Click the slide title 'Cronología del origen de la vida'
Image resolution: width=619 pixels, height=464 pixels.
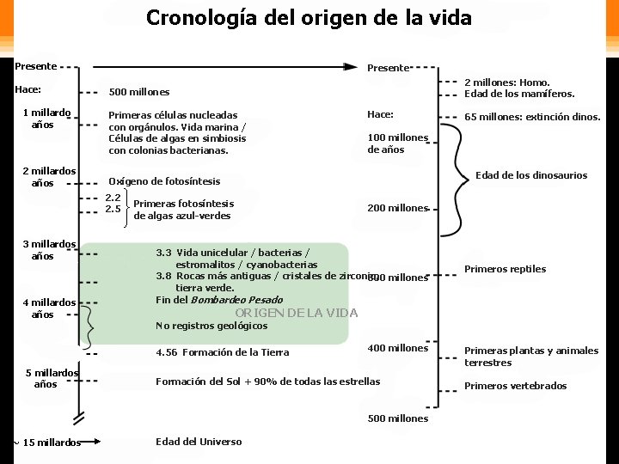(309, 17)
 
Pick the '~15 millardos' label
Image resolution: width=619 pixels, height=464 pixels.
(47, 443)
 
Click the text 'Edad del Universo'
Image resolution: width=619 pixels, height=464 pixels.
(199, 442)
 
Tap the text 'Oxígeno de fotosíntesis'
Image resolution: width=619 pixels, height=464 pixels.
(164, 181)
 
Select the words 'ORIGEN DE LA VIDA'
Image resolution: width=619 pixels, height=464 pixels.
(297, 313)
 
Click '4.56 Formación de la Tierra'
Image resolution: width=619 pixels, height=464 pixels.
(223, 352)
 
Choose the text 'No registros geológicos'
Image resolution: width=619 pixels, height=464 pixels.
(211, 326)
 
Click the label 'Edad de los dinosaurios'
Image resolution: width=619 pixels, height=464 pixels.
(531, 175)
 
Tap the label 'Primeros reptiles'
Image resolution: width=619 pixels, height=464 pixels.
(505, 269)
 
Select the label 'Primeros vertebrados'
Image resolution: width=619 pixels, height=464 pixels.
(516, 386)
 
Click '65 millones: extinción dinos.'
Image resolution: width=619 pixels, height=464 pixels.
(532, 117)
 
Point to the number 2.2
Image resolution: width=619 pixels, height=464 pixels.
(113, 198)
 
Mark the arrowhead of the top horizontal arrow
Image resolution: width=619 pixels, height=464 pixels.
(352, 66)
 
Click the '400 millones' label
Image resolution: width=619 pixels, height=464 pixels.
(397, 348)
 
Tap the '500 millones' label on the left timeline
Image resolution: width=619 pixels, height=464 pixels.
(139, 92)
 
